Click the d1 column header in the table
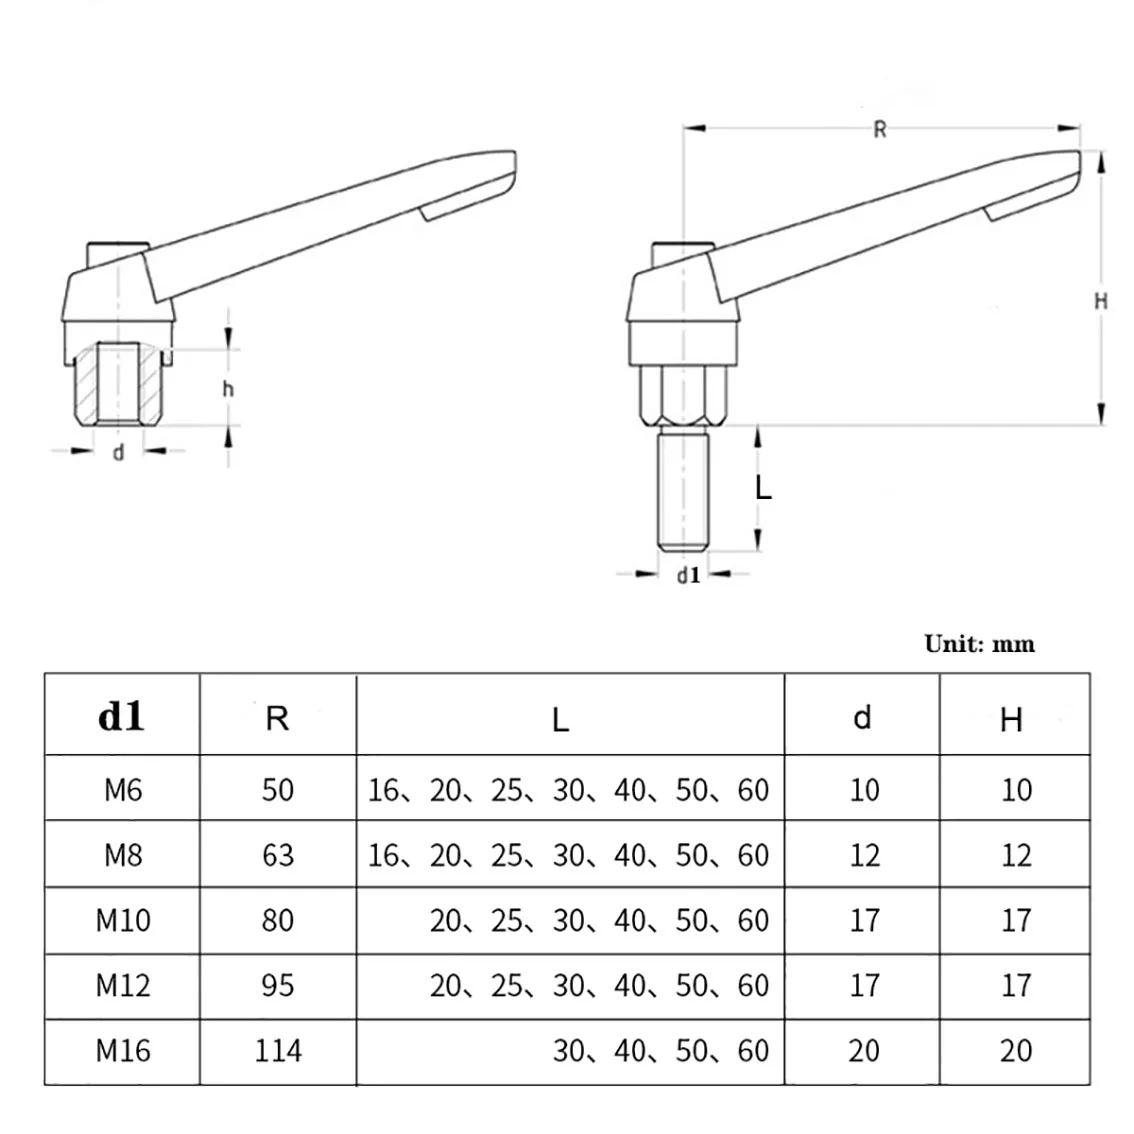(121, 716)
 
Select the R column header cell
(277, 718)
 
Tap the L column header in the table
(560, 719)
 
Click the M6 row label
(123, 790)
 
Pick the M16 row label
(123, 1050)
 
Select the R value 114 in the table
(277, 1050)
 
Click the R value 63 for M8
(277, 855)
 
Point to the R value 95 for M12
(277, 985)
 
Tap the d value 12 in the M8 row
(863, 855)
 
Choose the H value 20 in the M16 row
(1015, 1050)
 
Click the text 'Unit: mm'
(979, 643)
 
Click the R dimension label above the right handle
(880, 129)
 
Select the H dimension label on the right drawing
(1101, 300)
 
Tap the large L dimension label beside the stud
(763, 487)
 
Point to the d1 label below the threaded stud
(688, 575)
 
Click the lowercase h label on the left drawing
(228, 388)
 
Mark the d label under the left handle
(118, 453)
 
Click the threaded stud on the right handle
(684, 485)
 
